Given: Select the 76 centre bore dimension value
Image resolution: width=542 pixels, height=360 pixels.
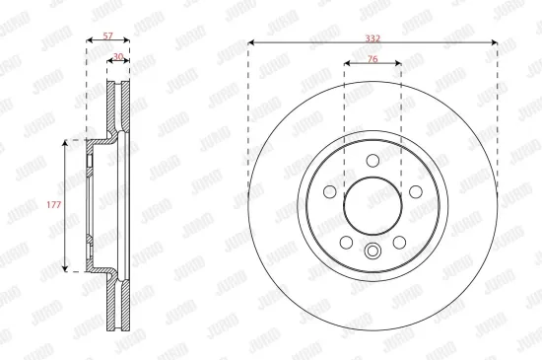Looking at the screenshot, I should (373, 57).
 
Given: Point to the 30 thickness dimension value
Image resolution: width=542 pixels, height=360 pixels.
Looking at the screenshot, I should (118, 57).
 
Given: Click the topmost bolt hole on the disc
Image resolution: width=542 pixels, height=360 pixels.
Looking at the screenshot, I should (373, 162).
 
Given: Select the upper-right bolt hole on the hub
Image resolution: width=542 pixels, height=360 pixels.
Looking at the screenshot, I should (413, 191).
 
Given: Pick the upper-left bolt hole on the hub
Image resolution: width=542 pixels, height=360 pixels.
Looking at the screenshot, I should (332, 191).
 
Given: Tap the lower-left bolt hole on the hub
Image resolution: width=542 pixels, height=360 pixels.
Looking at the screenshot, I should (347, 241).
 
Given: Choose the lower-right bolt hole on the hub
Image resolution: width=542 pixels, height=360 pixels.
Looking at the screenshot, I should (398, 241).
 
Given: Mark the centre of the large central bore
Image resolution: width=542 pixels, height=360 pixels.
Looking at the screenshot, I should (373, 205).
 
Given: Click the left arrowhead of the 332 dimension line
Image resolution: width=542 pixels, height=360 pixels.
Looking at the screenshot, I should (251, 42).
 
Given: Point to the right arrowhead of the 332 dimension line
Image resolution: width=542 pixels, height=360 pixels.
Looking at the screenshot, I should (495, 42).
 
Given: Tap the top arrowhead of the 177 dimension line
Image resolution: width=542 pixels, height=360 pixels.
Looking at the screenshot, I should (66, 142).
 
